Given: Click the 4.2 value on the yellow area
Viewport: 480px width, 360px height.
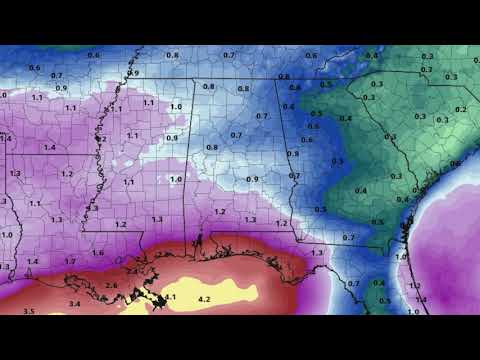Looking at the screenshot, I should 205,299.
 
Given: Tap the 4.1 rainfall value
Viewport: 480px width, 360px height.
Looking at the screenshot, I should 170,297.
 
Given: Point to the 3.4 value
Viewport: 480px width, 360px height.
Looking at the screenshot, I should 74,302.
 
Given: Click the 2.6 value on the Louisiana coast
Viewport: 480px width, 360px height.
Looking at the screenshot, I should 111,285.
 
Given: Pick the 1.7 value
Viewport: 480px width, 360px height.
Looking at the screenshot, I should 70,261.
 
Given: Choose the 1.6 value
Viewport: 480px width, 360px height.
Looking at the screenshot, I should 98,252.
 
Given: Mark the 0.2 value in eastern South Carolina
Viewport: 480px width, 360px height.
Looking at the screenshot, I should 461,109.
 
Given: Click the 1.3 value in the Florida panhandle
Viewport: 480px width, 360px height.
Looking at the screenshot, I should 317,253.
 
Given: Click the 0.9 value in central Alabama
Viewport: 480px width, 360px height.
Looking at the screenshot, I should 252,179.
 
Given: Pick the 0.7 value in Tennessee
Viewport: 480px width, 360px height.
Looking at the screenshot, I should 229,54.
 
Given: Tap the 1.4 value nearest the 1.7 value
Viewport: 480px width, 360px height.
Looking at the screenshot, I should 32,262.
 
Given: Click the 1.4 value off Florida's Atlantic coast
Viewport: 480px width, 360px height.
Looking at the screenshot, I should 422,299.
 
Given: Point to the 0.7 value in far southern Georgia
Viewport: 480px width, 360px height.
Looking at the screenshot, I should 349,237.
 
